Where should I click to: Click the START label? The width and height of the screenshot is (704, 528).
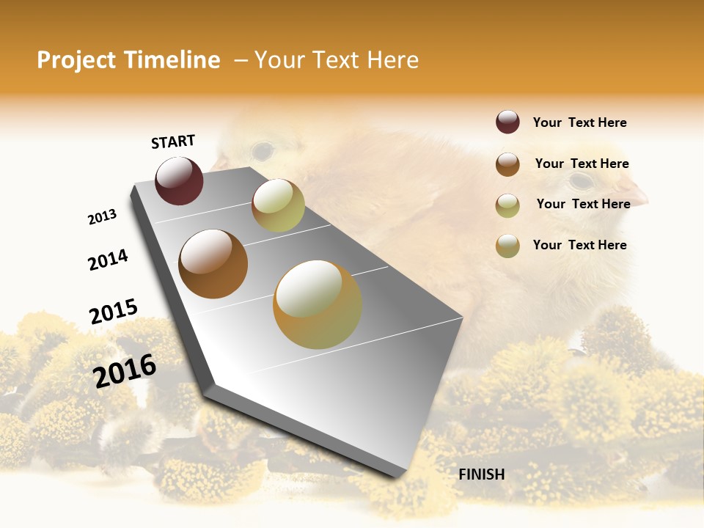173,142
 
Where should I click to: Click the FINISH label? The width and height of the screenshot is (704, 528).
482,474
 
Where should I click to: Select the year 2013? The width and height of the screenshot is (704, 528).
103,216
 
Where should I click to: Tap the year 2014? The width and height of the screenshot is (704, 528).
109,260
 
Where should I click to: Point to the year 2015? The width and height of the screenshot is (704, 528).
114,312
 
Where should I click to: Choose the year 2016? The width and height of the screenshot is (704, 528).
125,370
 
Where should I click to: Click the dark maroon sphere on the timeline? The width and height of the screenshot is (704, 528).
179,180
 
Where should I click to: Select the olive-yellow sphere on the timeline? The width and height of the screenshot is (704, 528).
278,205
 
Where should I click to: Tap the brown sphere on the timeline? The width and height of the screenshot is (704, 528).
213,264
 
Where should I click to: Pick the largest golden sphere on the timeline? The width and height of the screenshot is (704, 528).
318,304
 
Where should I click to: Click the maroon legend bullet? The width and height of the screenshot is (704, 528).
507,122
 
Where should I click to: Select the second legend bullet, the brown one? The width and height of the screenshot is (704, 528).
507,164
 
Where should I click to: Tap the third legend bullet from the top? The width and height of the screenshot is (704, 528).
507,205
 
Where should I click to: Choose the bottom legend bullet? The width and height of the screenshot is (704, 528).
507,246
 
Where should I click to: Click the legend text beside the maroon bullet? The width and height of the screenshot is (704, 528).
579,122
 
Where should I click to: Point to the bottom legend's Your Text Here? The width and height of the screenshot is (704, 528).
579,245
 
